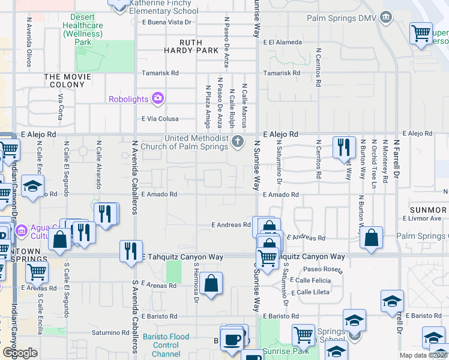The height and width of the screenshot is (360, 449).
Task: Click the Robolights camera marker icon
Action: (x=158, y=98)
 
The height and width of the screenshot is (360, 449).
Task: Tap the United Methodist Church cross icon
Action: (x=238, y=142)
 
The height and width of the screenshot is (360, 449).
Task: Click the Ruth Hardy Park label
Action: (x=191, y=47)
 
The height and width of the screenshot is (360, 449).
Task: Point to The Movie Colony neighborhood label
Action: (x=67, y=81)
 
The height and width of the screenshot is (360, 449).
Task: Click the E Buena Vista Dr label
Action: (x=166, y=22)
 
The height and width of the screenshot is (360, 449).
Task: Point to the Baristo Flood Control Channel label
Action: (x=166, y=345)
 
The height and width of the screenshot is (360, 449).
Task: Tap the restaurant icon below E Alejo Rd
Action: (x=344, y=146)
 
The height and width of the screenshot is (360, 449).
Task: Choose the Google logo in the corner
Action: (x=20, y=353)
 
